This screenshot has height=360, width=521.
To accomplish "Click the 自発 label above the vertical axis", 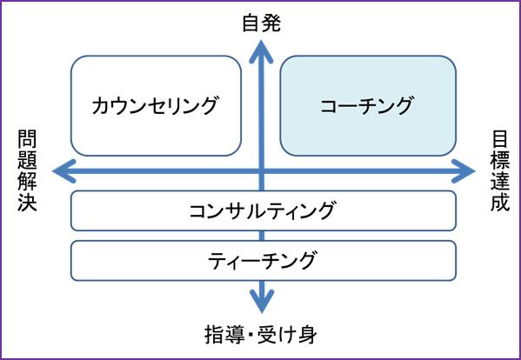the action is (x=262, y=23).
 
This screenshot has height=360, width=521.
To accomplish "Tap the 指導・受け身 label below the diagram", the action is (x=261, y=335).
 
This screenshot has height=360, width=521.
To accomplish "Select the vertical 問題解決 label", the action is (x=27, y=170).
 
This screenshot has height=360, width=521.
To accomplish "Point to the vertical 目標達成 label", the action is (x=500, y=170).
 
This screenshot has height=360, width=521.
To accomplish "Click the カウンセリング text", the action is (x=155, y=105).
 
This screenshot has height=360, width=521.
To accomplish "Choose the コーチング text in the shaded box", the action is (x=366, y=105).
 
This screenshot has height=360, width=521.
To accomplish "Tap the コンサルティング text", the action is (x=262, y=210).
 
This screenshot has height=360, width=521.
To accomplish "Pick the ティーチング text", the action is (x=262, y=260).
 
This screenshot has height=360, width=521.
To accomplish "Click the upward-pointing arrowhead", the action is (x=262, y=51).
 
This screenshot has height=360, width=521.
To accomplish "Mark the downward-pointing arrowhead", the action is (x=262, y=301).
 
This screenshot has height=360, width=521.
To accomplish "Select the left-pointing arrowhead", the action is (x=64, y=171).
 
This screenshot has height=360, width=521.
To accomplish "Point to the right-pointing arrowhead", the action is (x=464, y=171).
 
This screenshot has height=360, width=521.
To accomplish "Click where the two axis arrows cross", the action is (x=262, y=171).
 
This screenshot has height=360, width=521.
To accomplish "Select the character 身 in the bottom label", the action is (x=308, y=335).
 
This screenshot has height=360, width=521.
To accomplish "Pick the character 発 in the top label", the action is (x=271, y=23).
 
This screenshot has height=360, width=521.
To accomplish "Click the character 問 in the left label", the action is (x=27, y=139).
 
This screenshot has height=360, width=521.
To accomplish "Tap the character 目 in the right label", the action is (x=500, y=139).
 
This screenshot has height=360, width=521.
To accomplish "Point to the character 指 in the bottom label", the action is (x=214, y=335).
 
